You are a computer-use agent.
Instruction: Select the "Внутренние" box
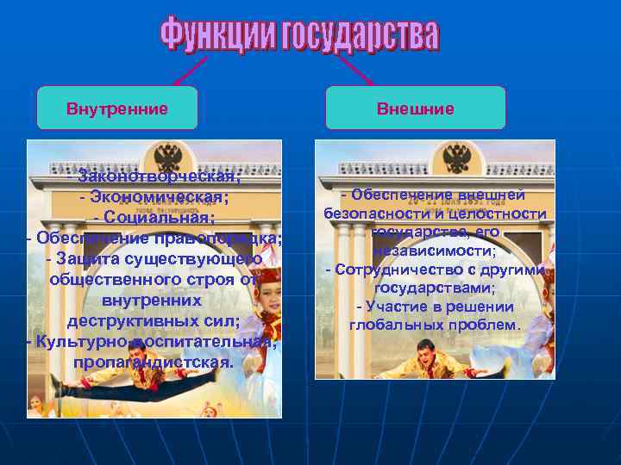point(117,108)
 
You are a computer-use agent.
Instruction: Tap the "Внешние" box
point(415,108)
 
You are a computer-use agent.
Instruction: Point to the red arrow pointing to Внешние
point(354,69)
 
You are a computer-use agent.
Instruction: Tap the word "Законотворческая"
point(160,177)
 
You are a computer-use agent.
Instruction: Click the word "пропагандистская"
point(153,362)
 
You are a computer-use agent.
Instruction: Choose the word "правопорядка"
point(231,238)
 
